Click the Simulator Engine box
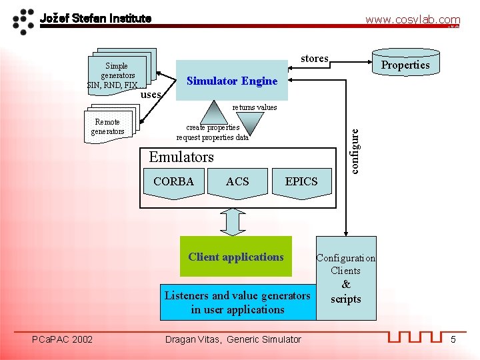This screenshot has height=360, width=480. [232, 81]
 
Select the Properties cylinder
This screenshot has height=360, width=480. [405, 64]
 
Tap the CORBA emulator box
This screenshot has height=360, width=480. [173, 184]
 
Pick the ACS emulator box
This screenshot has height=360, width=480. [237, 184]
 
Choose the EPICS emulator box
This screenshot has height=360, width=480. [301, 184]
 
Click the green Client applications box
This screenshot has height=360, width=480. [236, 257]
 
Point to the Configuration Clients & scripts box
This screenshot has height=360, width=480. [346, 278]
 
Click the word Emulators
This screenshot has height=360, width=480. [181, 157]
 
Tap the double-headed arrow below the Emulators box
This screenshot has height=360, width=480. [233, 222]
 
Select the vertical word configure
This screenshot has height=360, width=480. [355, 150]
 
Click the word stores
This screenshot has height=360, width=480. [314, 59]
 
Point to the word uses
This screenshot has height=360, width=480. [151, 95]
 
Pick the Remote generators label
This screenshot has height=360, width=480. [107, 127]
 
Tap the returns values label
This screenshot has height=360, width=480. [254, 107]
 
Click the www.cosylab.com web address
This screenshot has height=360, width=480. [412, 20]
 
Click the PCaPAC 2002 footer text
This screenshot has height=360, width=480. [63, 339]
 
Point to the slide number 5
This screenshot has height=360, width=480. [453, 340]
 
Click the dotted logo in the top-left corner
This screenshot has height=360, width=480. [24, 21]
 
